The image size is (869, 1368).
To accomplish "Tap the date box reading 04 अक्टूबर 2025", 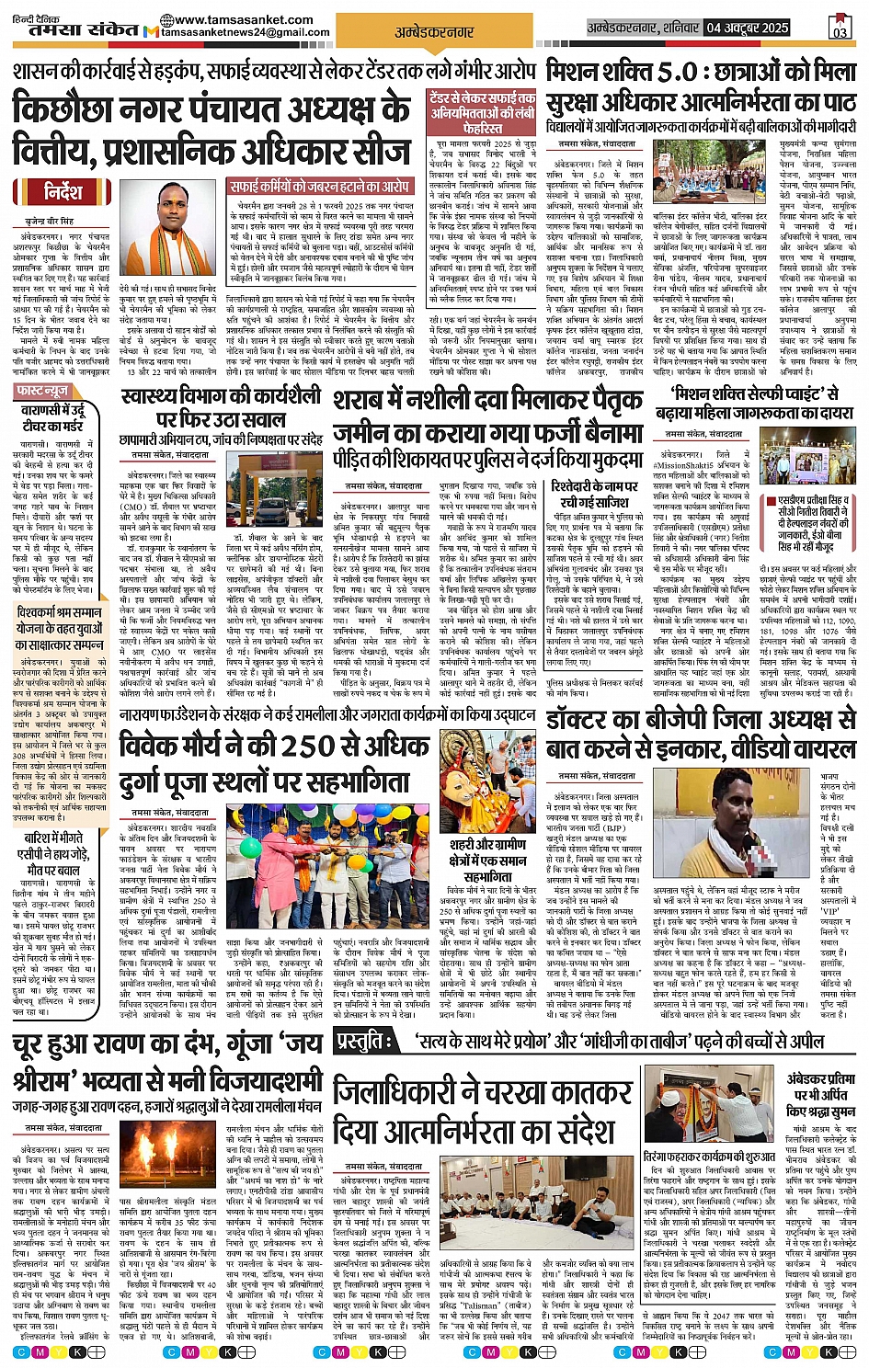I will point(748,28).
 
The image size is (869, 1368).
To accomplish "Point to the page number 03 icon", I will point(839,26).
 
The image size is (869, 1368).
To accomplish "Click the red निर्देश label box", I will point(63,191).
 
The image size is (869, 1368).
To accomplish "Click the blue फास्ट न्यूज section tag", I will point(43,392).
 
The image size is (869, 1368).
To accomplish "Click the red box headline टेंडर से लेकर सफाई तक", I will point(481,110).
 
